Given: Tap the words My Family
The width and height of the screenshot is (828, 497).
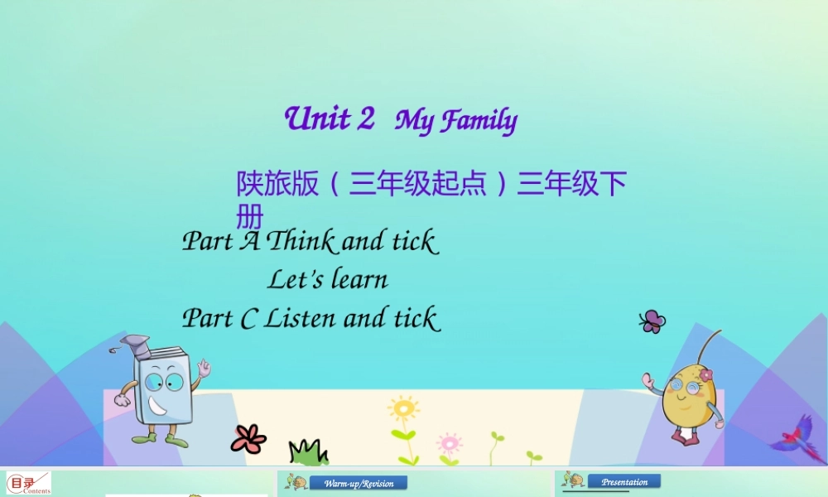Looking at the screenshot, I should point(456,121).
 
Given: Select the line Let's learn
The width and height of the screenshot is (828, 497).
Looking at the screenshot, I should point(327,280).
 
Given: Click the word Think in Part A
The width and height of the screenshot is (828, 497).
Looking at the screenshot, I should point(301,241).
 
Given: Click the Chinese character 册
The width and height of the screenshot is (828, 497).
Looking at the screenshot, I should point(249,217).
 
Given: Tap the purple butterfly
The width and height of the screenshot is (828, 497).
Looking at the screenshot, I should point(652,321).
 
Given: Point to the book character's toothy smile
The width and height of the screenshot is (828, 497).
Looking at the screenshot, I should point(158,407).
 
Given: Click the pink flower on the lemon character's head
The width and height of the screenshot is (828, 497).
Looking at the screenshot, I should point(705,375).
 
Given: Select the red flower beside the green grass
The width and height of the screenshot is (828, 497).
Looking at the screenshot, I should point(248,438).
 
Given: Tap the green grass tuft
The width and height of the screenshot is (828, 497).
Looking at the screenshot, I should point(308,452).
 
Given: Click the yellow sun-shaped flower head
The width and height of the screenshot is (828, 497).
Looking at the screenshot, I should point(403,409).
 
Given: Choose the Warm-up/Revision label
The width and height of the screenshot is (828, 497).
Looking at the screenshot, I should point(359,483).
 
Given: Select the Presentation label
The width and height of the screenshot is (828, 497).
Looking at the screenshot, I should point(624,481).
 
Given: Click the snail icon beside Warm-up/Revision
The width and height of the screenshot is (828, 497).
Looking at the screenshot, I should point(296,481).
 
